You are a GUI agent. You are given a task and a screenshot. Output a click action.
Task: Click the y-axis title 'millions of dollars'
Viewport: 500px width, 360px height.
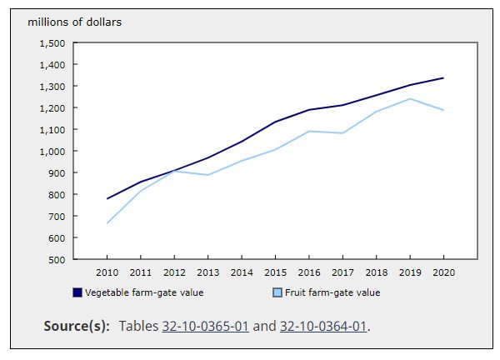(75, 22)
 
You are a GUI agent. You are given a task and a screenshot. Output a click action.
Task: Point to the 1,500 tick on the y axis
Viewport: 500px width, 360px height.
(52, 42)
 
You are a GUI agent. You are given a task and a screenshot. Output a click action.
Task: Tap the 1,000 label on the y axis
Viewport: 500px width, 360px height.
(52, 151)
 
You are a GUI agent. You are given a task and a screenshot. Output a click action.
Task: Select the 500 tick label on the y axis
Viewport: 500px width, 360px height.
(57, 259)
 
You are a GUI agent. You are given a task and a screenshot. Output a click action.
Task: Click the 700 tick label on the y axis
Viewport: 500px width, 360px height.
(57, 216)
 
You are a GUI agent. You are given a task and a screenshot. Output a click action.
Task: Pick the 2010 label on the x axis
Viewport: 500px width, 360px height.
(107, 272)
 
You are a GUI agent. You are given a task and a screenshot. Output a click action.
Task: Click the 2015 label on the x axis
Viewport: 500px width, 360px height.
(275, 272)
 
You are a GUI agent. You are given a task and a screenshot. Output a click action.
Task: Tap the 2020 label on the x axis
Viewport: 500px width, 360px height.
(442, 272)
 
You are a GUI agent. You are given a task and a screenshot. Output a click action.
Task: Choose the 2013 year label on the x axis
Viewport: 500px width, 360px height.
(208, 272)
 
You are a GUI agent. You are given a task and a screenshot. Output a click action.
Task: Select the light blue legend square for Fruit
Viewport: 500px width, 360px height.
(278, 292)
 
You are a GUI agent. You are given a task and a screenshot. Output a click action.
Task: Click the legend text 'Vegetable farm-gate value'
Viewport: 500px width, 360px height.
(144, 292)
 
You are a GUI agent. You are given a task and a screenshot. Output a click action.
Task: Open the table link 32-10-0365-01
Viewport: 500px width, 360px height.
(207, 325)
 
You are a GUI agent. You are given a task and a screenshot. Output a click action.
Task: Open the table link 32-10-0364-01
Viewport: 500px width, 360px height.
(323, 325)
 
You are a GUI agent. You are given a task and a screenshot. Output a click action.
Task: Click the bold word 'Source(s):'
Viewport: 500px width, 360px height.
(77, 325)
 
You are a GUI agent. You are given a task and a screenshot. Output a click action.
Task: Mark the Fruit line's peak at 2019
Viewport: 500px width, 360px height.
(409, 99)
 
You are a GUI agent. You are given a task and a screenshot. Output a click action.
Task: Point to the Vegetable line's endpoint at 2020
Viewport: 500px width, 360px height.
(442, 78)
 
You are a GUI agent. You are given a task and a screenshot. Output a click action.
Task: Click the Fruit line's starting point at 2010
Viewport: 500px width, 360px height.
(107, 222)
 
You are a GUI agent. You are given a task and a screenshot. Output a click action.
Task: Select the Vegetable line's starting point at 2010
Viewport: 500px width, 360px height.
(107, 198)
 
